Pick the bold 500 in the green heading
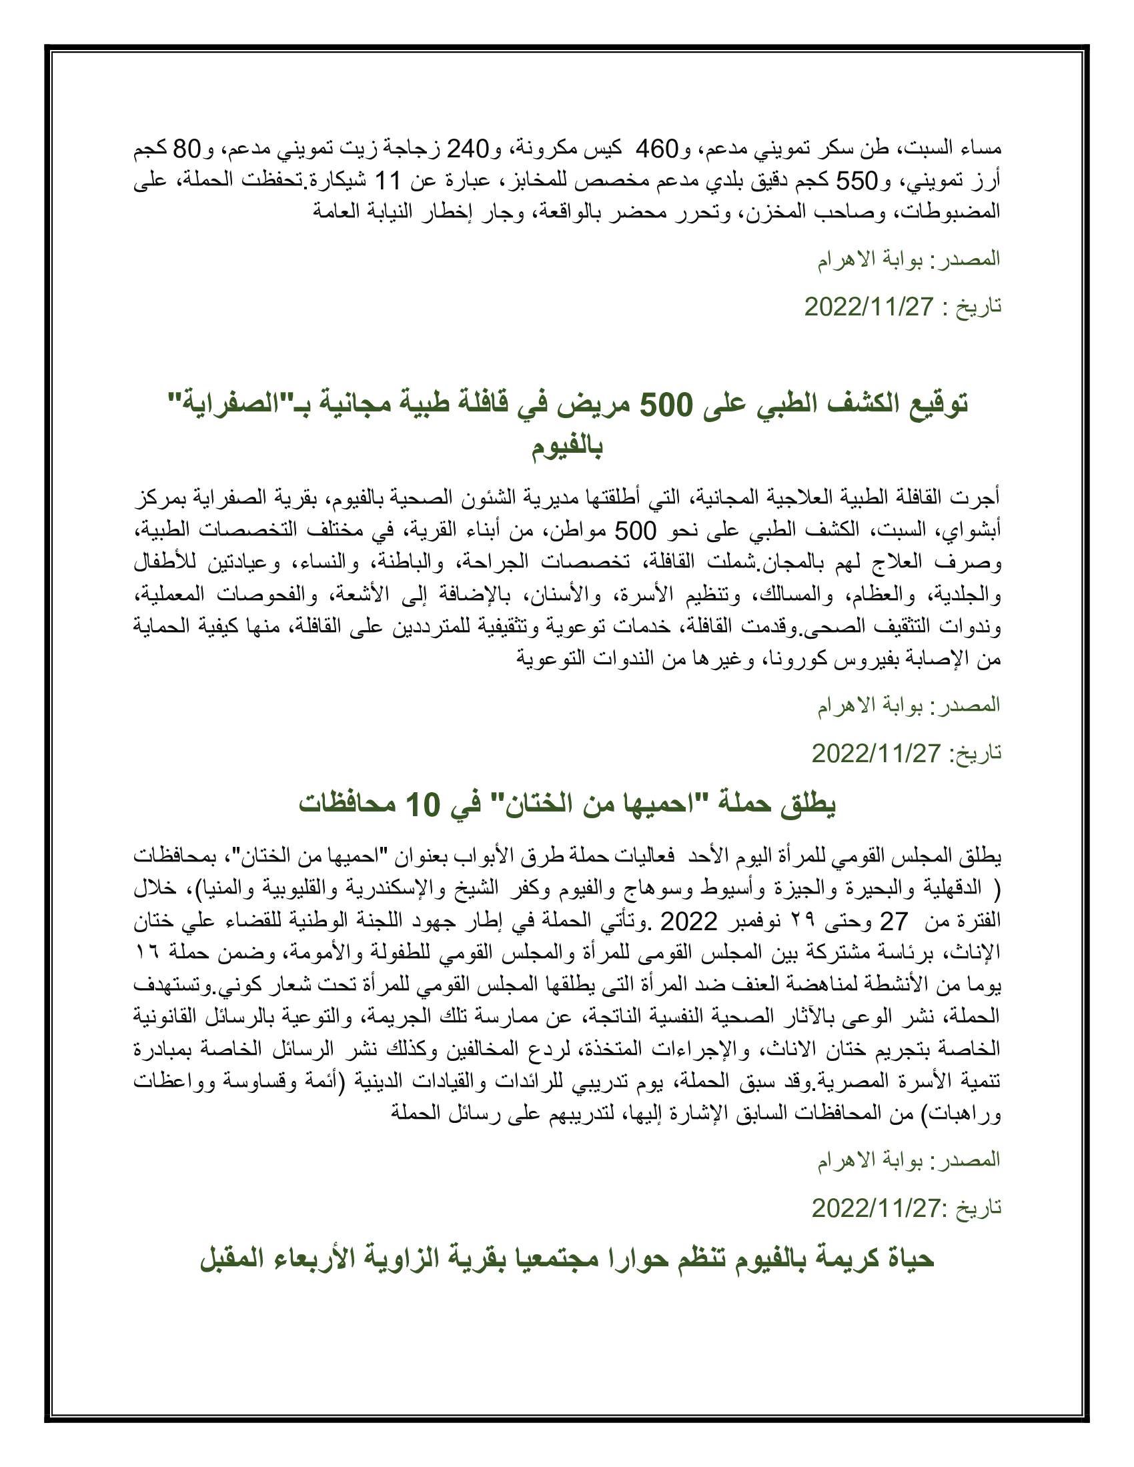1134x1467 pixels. pos(665,404)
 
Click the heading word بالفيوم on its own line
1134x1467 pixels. pos(567,447)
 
